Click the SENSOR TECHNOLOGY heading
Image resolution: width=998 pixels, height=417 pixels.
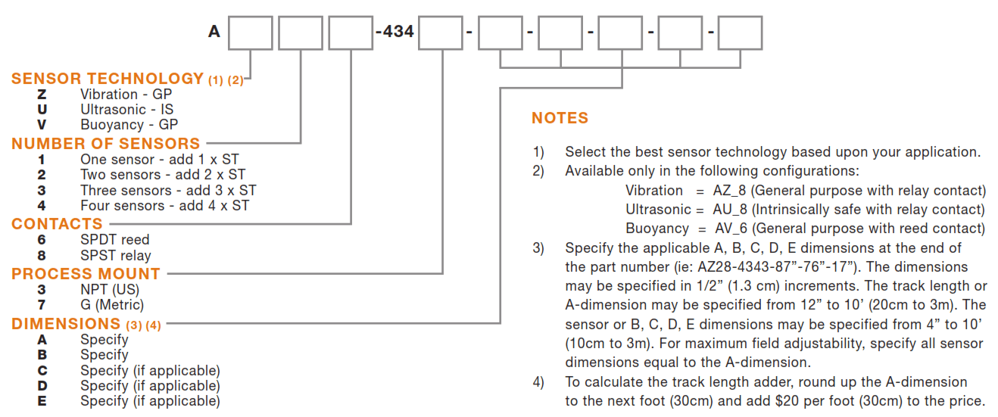tap(107, 79)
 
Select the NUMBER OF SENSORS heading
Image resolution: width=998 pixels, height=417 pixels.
tap(105, 143)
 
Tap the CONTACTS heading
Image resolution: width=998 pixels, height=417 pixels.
tap(57, 224)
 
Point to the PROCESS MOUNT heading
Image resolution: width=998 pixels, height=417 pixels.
tap(86, 274)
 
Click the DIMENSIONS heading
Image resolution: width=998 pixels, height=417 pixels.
tap(66, 324)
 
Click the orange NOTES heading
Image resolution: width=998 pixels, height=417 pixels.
tap(560, 118)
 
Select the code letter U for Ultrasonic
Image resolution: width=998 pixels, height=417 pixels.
tap(42, 110)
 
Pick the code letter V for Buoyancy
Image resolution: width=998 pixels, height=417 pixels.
tap(42, 125)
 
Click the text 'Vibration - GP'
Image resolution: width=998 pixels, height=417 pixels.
tap(126, 95)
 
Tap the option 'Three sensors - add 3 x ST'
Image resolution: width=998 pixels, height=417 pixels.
tap(168, 190)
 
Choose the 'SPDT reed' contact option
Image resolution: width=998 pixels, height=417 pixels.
tap(115, 240)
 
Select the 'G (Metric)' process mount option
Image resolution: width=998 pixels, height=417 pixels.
tap(112, 305)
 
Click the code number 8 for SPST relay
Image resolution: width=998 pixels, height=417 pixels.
tap(42, 256)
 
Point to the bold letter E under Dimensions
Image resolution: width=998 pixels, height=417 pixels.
tap(42, 401)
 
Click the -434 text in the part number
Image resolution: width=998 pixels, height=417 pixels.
tap(395, 33)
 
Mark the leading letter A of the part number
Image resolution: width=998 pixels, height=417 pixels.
tap(214, 33)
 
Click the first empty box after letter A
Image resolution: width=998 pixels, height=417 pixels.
tap(251, 33)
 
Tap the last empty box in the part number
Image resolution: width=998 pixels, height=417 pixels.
tap(740, 33)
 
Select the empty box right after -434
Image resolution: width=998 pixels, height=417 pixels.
tap(441, 33)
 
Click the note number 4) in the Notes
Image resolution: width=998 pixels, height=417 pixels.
tap(538, 382)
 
